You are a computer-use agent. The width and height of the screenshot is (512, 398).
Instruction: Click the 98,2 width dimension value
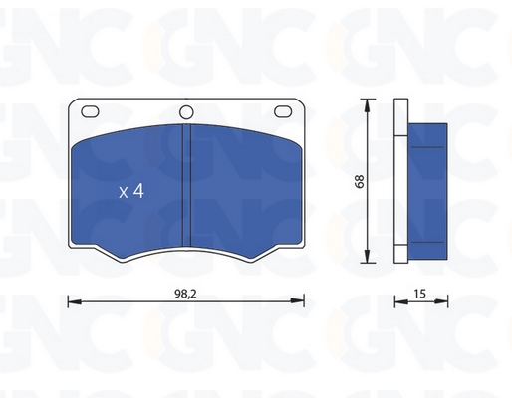point(185,294)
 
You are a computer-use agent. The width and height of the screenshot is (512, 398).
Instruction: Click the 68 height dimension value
point(360,181)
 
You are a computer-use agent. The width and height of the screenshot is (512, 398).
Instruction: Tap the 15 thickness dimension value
point(419,294)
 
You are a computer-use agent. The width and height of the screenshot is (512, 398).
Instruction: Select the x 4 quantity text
point(131,191)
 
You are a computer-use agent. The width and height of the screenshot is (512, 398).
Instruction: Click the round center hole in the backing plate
point(186,112)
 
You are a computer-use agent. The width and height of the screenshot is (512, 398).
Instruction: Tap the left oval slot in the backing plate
point(90,111)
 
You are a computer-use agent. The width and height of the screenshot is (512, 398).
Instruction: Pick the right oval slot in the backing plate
point(283,111)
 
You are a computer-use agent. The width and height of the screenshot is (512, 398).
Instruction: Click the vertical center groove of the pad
point(187,185)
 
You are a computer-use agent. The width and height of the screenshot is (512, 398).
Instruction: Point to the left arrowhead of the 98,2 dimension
point(75,301)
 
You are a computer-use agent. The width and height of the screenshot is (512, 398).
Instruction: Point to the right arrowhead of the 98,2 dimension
point(297,301)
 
